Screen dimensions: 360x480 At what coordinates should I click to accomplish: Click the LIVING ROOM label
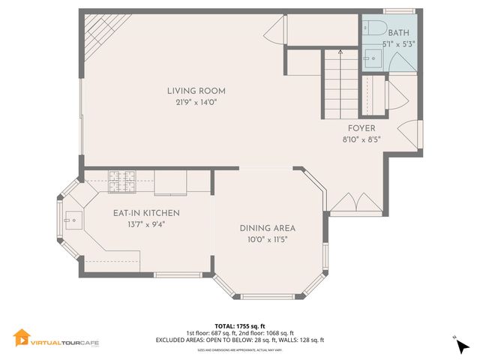pyautogui.click(x=196, y=91)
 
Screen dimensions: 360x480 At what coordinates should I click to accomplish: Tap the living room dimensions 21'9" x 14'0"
pyautogui.click(x=196, y=103)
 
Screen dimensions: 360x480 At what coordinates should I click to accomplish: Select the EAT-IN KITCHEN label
pyautogui.click(x=146, y=212)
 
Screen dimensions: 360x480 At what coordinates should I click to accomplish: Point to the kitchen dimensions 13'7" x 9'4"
pyautogui.click(x=146, y=223)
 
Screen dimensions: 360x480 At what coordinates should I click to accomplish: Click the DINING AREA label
pyautogui.click(x=268, y=228)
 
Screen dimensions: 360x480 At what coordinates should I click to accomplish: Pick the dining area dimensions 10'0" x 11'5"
pyautogui.click(x=268, y=239)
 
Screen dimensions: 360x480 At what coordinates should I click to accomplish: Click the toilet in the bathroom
pyautogui.click(x=374, y=28)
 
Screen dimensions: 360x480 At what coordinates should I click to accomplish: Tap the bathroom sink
pyautogui.click(x=372, y=57)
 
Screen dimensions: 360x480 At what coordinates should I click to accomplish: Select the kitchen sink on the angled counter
pyautogui.click(x=72, y=219)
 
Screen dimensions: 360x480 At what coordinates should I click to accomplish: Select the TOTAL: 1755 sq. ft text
pyautogui.click(x=240, y=325)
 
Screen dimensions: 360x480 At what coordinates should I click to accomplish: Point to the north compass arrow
pyautogui.click(x=460, y=345)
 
